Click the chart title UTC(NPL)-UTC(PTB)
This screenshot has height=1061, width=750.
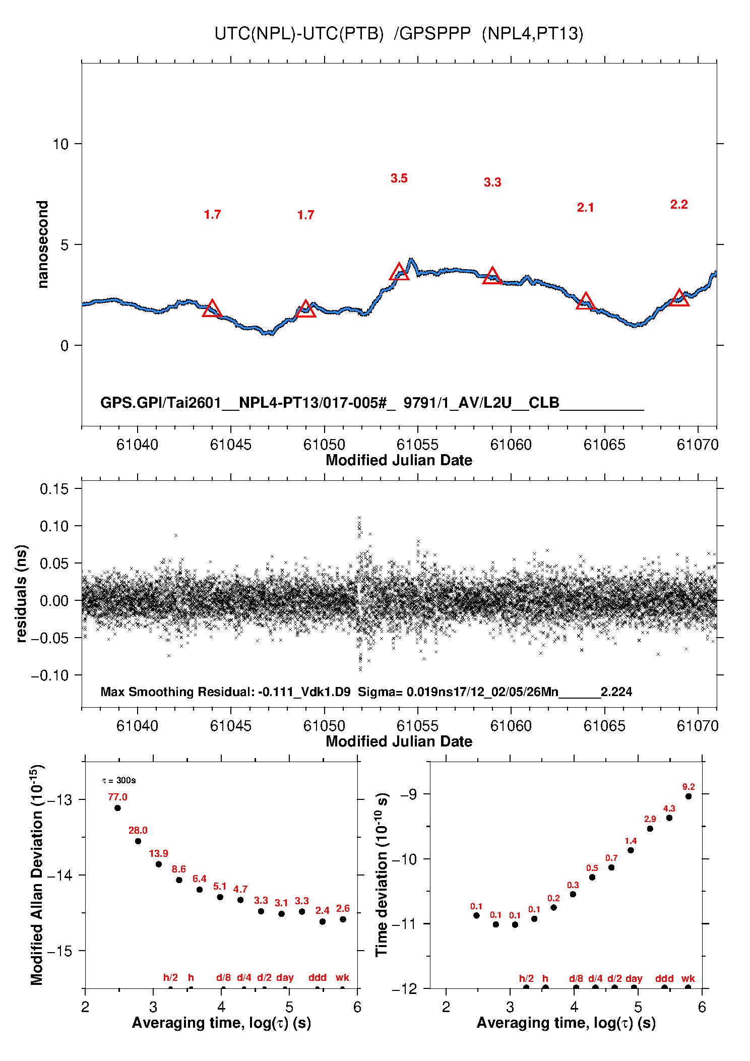pos(299,34)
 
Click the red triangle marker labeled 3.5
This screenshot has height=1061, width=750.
pos(399,272)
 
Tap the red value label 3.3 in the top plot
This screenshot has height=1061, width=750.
pos(492,182)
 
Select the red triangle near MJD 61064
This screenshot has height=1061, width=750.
pos(586,301)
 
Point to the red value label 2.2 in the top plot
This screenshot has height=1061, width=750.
pos(679,205)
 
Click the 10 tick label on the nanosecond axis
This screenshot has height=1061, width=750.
pos(60,144)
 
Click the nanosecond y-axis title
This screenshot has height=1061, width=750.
pos(43,244)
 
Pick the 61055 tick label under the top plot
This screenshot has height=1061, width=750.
pos(417,445)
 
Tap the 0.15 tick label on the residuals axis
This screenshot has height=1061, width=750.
pos(54,489)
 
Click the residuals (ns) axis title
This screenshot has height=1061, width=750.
pos(21,593)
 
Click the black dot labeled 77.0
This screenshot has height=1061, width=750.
pos(117,808)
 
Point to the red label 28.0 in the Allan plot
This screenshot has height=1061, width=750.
pos(138,830)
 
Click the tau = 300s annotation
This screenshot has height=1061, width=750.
pos(119,781)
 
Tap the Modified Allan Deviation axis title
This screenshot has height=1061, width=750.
pos(37,875)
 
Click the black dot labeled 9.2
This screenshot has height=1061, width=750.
pos(689,796)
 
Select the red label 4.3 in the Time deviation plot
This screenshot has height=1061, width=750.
pos(669,808)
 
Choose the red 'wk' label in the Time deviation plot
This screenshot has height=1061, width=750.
pos(688,978)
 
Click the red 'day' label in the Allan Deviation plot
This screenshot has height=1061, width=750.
pos(285,977)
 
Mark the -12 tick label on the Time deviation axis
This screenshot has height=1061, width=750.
pos(405,989)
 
